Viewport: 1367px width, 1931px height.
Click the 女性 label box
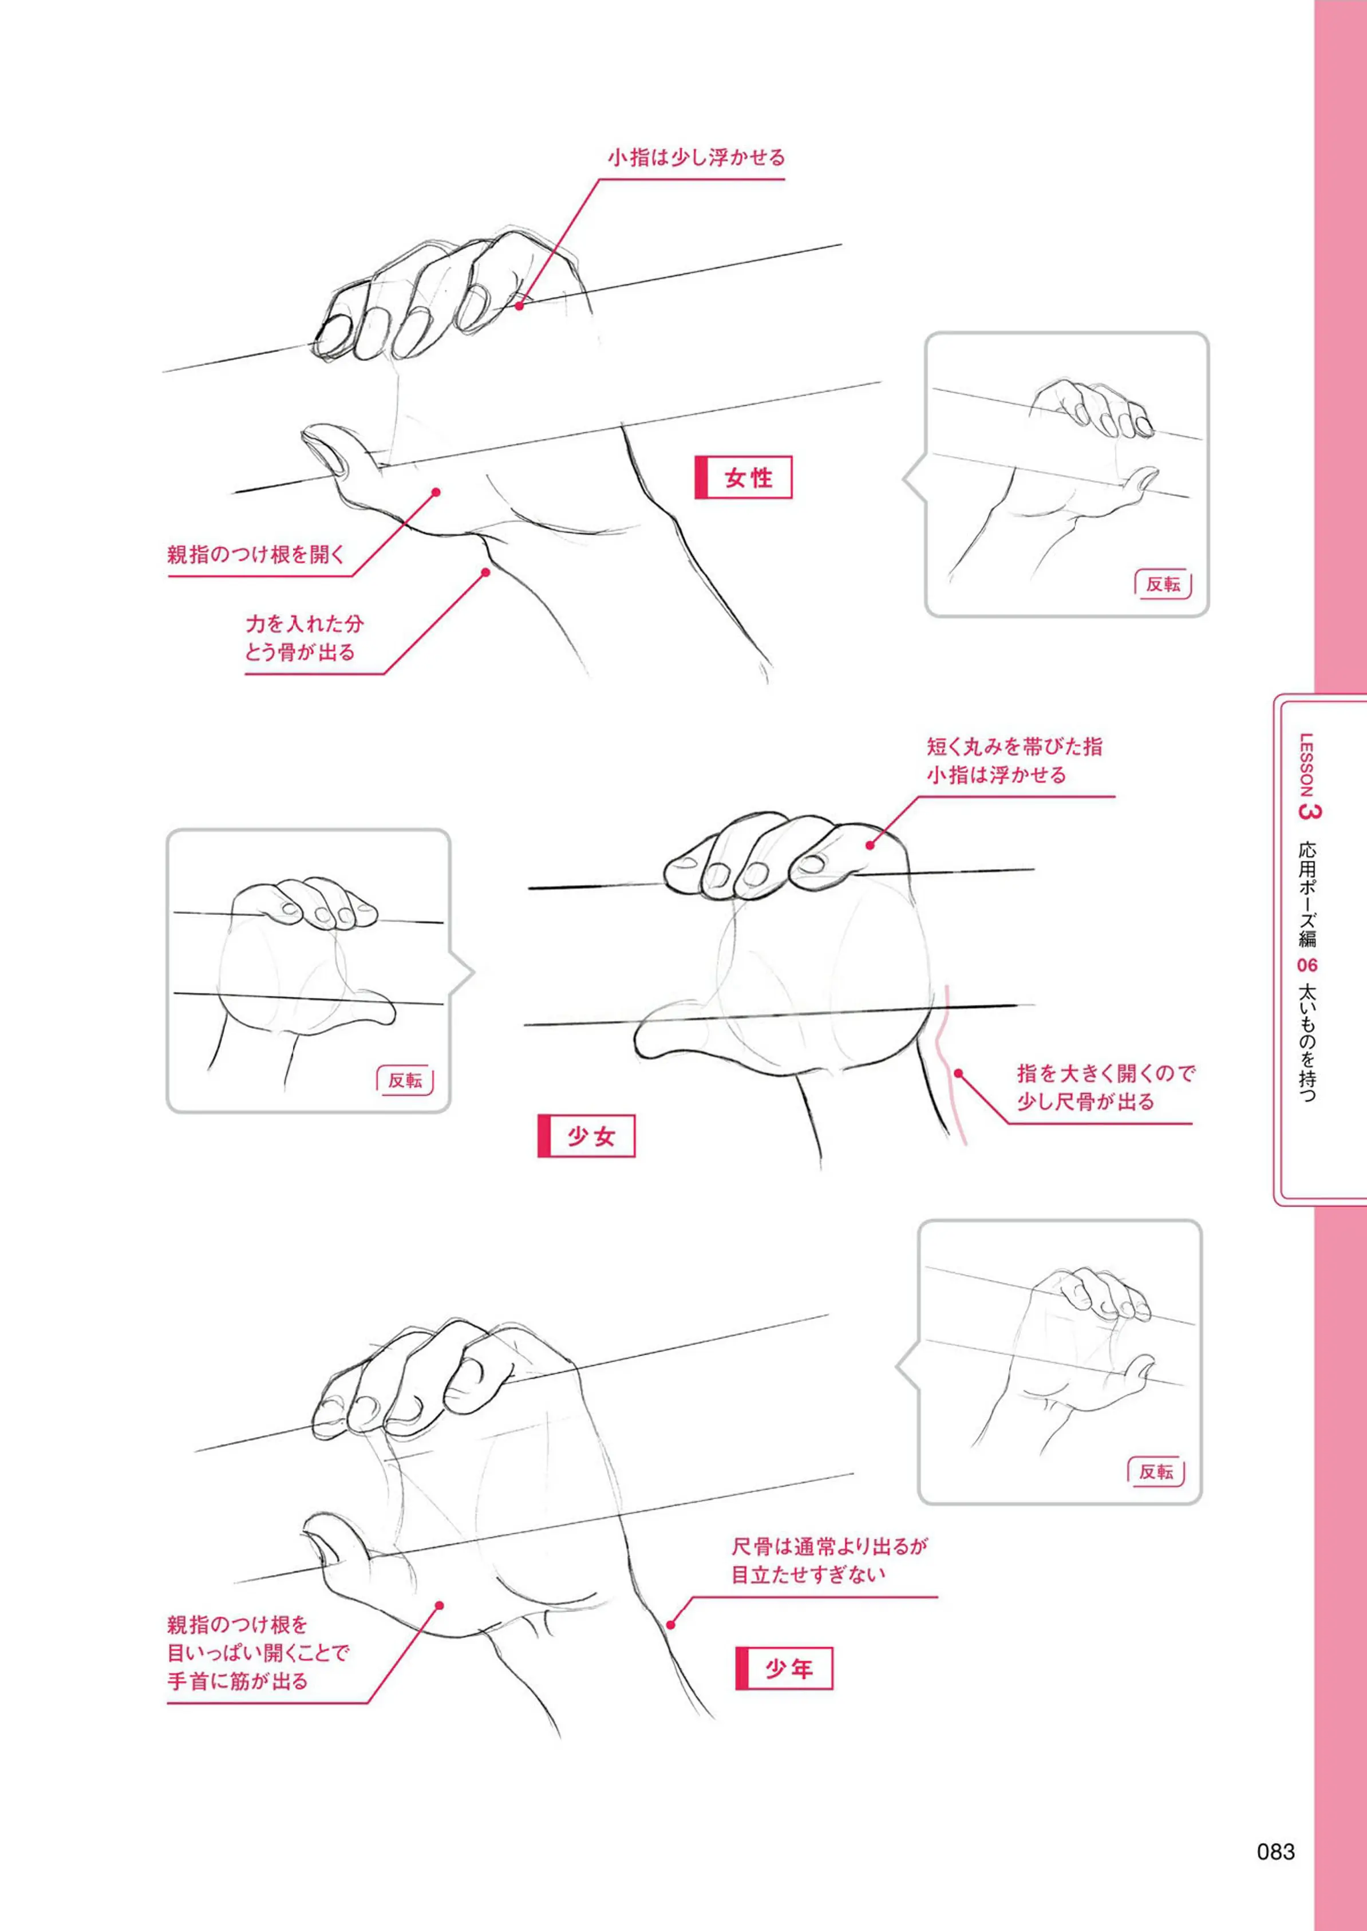click(x=743, y=477)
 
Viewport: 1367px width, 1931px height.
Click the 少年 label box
click(x=784, y=1668)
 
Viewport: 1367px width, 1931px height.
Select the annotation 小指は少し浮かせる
click(x=696, y=157)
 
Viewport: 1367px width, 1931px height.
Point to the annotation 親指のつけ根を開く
click(x=256, y=555)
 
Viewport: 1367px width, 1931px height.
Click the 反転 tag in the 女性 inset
click(x=1163, y=584)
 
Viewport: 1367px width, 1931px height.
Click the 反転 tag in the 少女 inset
click(x=405, y=1080)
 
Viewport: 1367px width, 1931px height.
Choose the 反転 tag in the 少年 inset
click(x=1156, y=1471)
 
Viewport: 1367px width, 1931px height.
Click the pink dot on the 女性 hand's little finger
click(x=519, y=306)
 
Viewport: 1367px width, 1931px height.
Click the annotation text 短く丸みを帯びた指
click(x=1014, y=747)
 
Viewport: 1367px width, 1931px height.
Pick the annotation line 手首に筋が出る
click(x=238, y=1682)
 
